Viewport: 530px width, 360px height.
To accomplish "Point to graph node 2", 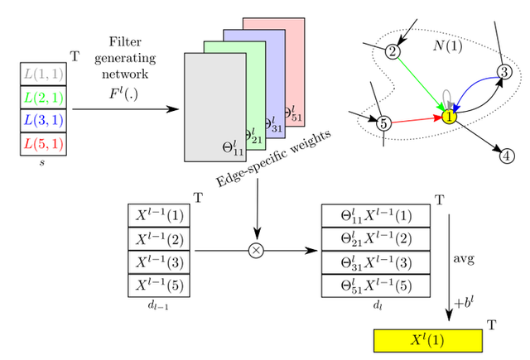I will point(393,52).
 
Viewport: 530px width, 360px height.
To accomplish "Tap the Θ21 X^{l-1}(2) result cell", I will point(374,239).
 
